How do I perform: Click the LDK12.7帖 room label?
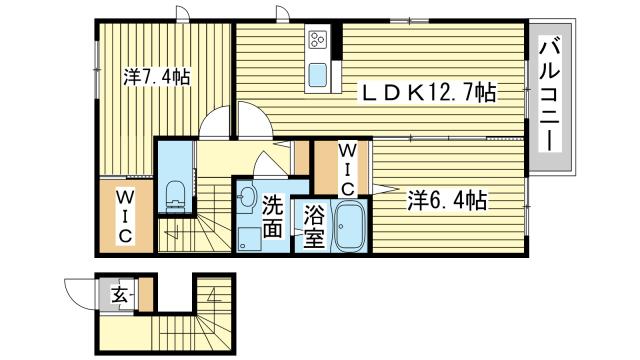tap(427, 92)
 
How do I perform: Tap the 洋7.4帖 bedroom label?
tap(157, 76)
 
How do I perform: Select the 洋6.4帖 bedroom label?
tap(447, 200)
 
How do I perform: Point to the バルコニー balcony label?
tap(549, 94)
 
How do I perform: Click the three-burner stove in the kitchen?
tap(318, 40)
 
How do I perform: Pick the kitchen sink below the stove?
tap(318, 75)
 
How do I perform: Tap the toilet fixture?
tap(176, 196)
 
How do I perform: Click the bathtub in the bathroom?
tap(350, 226)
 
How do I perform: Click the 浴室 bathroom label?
tap(314, 227)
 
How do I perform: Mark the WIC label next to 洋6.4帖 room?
tap(347, 169)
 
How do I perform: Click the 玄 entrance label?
tap(120, 294)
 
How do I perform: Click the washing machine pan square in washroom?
tap(249, 239)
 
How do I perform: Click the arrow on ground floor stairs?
tap(213, 294)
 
